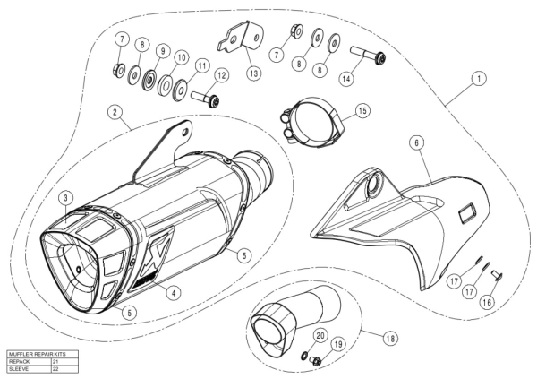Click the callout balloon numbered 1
coord(479,79)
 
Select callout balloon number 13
coord(254,73)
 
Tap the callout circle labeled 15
coord(362,111)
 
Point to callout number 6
coord(417,142)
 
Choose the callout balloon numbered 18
coord(390,339)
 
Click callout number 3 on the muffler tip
coord(66,198)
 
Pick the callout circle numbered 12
coord(222,75)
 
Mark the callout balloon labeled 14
coord(346,79)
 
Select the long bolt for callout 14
coord(368,55)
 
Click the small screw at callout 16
coord(496,274)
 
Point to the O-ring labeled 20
coord(303,356)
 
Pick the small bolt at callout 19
coord(315,360)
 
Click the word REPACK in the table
coord(19,361)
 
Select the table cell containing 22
coord(65,369)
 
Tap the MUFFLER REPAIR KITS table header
coord(38,354)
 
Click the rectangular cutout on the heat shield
coord(467,211)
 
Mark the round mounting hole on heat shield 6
coord(372,185)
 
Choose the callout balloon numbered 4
coord(174,293)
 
